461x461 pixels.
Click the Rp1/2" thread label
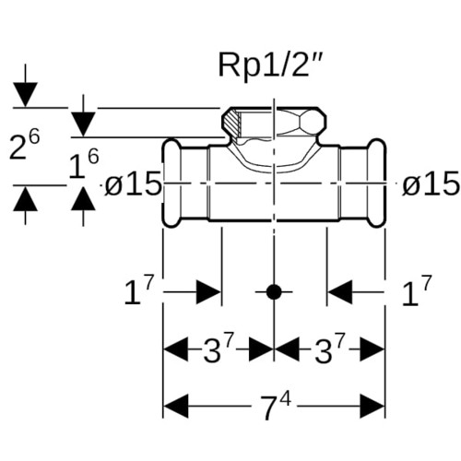click(270, 66)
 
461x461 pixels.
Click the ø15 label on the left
click(133, 183)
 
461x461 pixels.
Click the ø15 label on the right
click(431, 183)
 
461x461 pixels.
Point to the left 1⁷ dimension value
click(138, 290)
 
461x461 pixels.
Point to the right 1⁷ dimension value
click(417, 290)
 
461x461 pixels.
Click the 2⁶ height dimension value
click(24, 145)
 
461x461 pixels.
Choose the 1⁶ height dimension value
click(83, 164)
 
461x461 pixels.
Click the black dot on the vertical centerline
click(274, 291)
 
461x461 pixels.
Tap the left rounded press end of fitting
click(171, 183)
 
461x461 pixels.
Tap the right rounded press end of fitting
click(377, 183)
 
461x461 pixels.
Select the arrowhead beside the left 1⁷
click(209, 291)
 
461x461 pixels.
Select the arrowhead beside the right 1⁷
click(340, 291)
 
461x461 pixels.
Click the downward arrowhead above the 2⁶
click(25, 95)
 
